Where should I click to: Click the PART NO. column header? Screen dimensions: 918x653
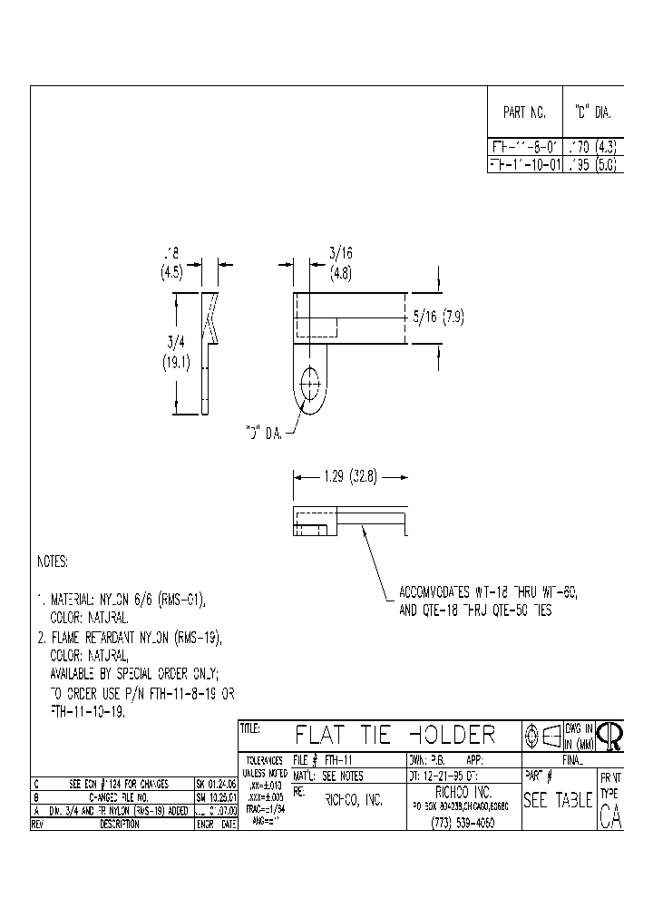pyautogui.click(x=524, y=113)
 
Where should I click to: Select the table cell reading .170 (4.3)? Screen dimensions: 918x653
pyautogui.click(x=591, y=144)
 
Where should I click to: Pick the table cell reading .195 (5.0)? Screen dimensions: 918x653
pyautogui.click(x=591, y=165)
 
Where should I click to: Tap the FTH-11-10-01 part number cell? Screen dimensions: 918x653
pyautogui.click(x=525, y=165)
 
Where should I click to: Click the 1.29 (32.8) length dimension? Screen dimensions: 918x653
pyautogui.click(x=350, y=475)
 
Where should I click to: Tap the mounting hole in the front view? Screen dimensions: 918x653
pyautogui.click(x=311, y=382)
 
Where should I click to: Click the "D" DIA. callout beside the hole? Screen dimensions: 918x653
pyautogui.click(x=263, y=434)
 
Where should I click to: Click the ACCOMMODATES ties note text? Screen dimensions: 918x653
pyautogui.click(x=487, y=601)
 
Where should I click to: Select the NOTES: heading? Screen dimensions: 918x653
pyautogui.click(x=53, y=562)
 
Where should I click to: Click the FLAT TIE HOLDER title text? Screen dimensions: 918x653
pyautogui.click(x=395, y=734)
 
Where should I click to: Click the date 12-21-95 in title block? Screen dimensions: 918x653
pyautogui.click(x=442, y=776)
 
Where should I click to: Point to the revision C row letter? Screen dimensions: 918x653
pyautogui.click(x=36, y=783)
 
